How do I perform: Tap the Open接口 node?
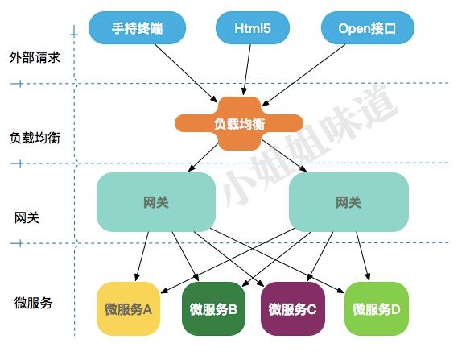(368, 29)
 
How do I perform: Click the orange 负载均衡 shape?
(239, 123)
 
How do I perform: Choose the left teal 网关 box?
(156, 202)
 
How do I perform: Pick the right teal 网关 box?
(348, 202)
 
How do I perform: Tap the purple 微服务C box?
(292, 308)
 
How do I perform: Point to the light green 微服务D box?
(373, 308)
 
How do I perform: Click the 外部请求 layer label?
(33, 58)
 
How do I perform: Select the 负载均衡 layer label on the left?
(33, 137)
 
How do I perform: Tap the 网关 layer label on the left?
(27, 217)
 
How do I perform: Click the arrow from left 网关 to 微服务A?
(142, 255)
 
